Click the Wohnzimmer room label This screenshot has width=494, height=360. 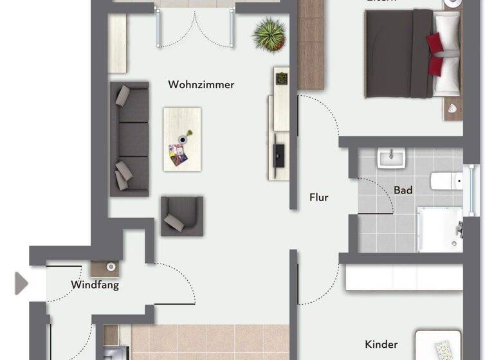click(201, 84)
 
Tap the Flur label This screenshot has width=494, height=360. click(319, 197)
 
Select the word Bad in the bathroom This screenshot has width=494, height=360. click(403, 190)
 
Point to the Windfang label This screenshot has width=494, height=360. click(95, 285)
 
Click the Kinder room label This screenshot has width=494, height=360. click(381, 345)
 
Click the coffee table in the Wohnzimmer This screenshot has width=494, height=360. click(182, 138)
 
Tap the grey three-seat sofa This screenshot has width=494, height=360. click(129, 138)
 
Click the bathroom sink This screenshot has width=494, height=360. click(390, 157)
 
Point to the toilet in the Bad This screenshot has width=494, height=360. click(443, 181)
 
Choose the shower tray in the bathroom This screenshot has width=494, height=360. click(439, 228)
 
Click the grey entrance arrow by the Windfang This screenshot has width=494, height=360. click(21, 283)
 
